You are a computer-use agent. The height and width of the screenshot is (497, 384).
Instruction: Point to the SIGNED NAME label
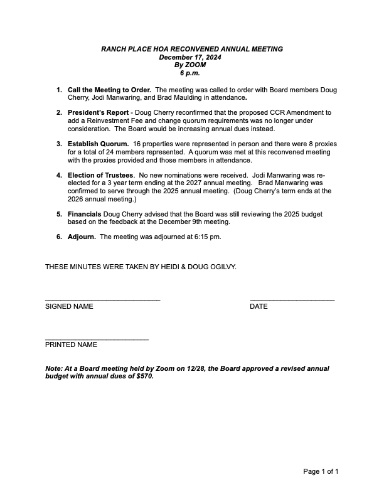69,306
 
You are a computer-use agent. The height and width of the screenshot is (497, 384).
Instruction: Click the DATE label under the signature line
259,306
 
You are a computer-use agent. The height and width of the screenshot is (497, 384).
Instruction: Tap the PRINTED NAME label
71,345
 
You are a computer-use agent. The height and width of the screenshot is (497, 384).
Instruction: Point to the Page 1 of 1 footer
321,471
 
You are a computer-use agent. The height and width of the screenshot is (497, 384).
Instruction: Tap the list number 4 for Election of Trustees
59,174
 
